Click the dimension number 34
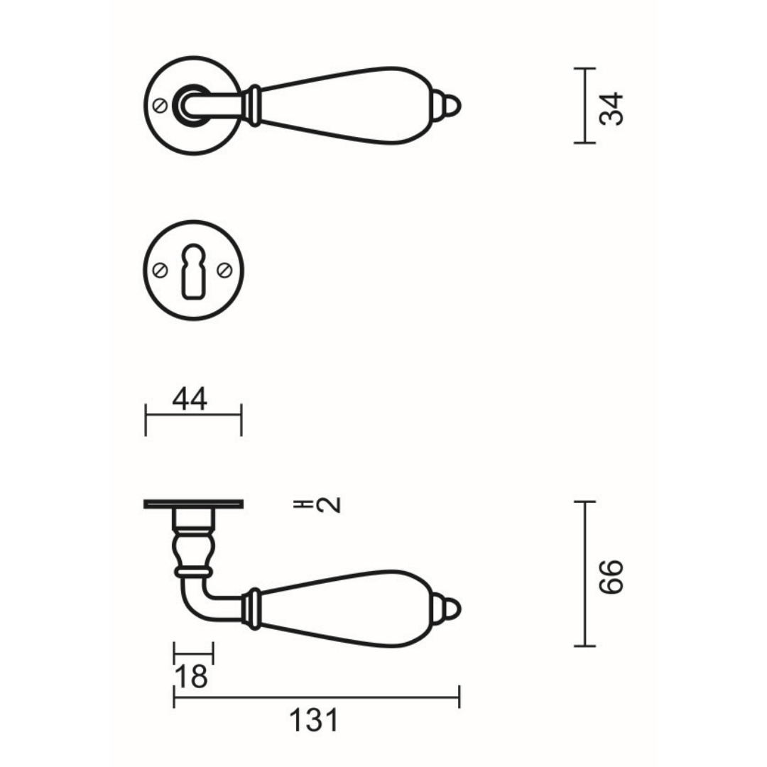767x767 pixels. pyautogui.click(x=611, y=109)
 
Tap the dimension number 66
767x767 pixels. pyautogui.click(x=611, y=577)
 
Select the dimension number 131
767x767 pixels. pyautogui.click(x=314, y=721)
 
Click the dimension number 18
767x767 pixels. pyautogui.click(x=191, y=677)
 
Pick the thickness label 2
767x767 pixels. pyautogui.click(x=328, y=505)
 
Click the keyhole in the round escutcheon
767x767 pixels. pyautogui.click(x=194, y=271)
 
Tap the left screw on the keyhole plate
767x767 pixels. pyautogui.click(x=161, y=271)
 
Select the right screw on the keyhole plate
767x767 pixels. pyautogui.click(x=224, y=271)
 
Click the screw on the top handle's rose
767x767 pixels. pyautogui.click(x=161, y=106)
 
